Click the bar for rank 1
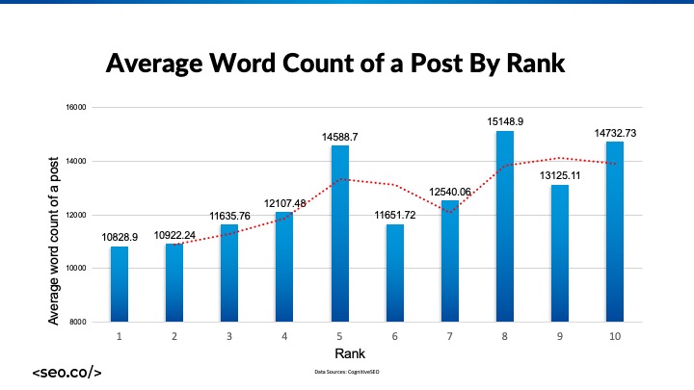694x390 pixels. (119, 283)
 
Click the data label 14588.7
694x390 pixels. (340, 138)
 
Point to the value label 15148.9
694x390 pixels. (505, 122)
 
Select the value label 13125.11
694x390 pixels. (560, 176)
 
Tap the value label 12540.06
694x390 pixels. (450, 192)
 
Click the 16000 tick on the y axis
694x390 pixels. (75, 108)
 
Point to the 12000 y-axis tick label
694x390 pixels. (75, 214)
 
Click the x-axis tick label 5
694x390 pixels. (339, 335)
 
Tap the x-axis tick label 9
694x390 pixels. (560, 335)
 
